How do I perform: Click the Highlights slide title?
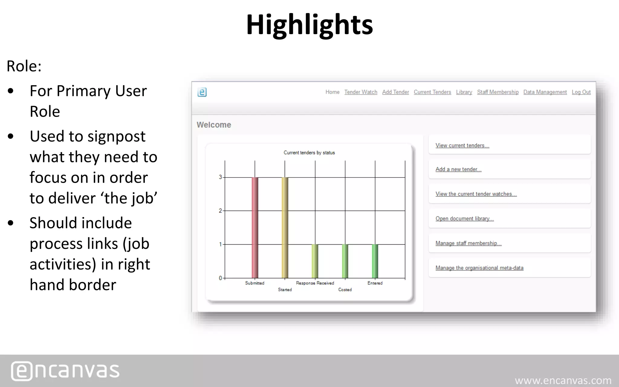[x=309, y=25]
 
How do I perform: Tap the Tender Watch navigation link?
[x=361, y=92]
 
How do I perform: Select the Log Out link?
[x=581, y=92]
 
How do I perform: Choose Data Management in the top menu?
[x=545, y=92]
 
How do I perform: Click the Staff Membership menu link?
[x=497, y=92]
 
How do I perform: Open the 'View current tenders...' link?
[x=462, y=145]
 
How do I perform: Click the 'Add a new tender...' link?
[x=458, y=169]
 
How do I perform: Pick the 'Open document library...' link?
[x=464, y=219]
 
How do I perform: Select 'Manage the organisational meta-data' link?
[x=479, y=268]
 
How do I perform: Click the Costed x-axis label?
[x=345, y=290]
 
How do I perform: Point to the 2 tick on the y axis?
[x=220, y=211]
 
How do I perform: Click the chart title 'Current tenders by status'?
[x=309, y=153]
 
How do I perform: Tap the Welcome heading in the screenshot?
[x=214, y=125]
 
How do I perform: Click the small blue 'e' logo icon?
[x=202, y=92]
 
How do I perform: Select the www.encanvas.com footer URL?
[x=563, y=380]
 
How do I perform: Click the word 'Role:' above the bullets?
[x=24, y=66]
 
